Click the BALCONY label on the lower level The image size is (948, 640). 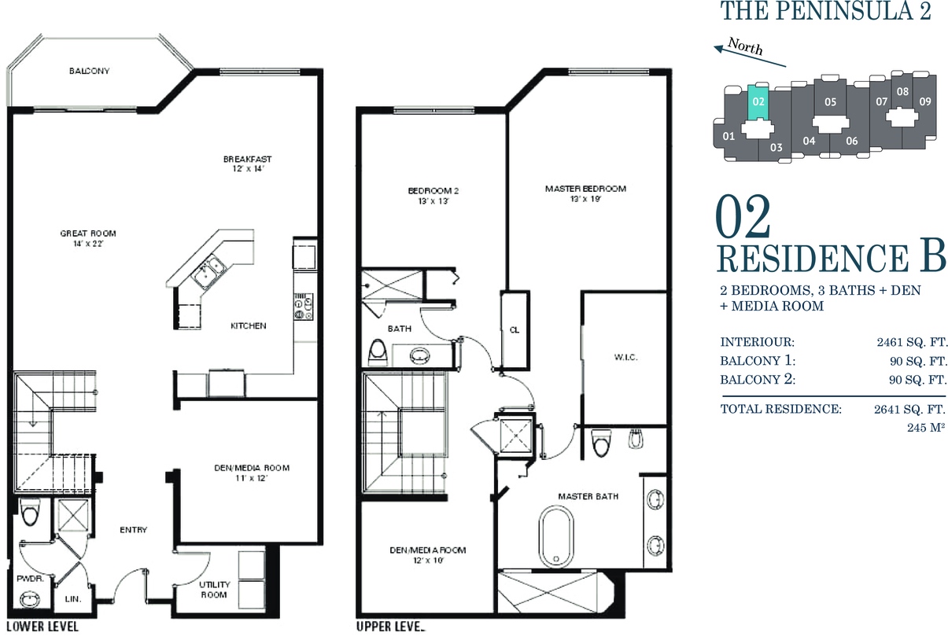tap(90, 71)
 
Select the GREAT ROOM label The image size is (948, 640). tap(88, 233)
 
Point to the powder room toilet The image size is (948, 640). tap(30, 512)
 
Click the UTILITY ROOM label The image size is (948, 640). tap(215, 589)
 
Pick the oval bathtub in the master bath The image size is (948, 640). tap(556, 536)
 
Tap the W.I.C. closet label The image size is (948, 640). tap(625, 358)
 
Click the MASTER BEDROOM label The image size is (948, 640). tap(585, 189)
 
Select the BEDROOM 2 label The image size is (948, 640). tap(433, 191)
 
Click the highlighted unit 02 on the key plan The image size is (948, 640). tap(758, 101)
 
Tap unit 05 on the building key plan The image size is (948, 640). tap(830, 101)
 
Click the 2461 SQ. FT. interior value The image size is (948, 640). tap(911, 342)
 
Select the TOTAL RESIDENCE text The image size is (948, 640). tap(781, 409)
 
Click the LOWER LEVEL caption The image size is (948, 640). tap(42, 627)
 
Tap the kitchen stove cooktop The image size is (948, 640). tap(304, 307)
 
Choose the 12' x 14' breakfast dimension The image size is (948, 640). tap(248, 169)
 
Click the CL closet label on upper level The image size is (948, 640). tap(515, 330)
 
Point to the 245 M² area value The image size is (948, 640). tap(925, 428)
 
